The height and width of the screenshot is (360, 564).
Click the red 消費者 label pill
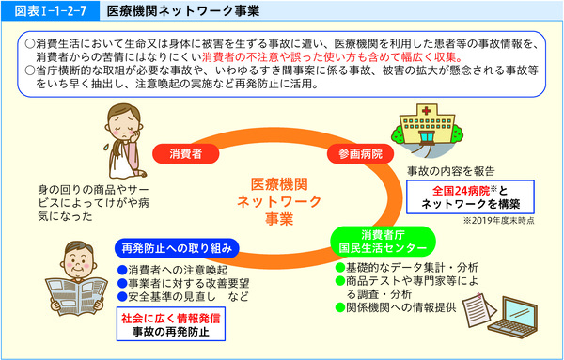[186, 152]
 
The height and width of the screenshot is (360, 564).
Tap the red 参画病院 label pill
[356, 152]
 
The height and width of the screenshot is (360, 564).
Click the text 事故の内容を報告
[451, 171]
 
